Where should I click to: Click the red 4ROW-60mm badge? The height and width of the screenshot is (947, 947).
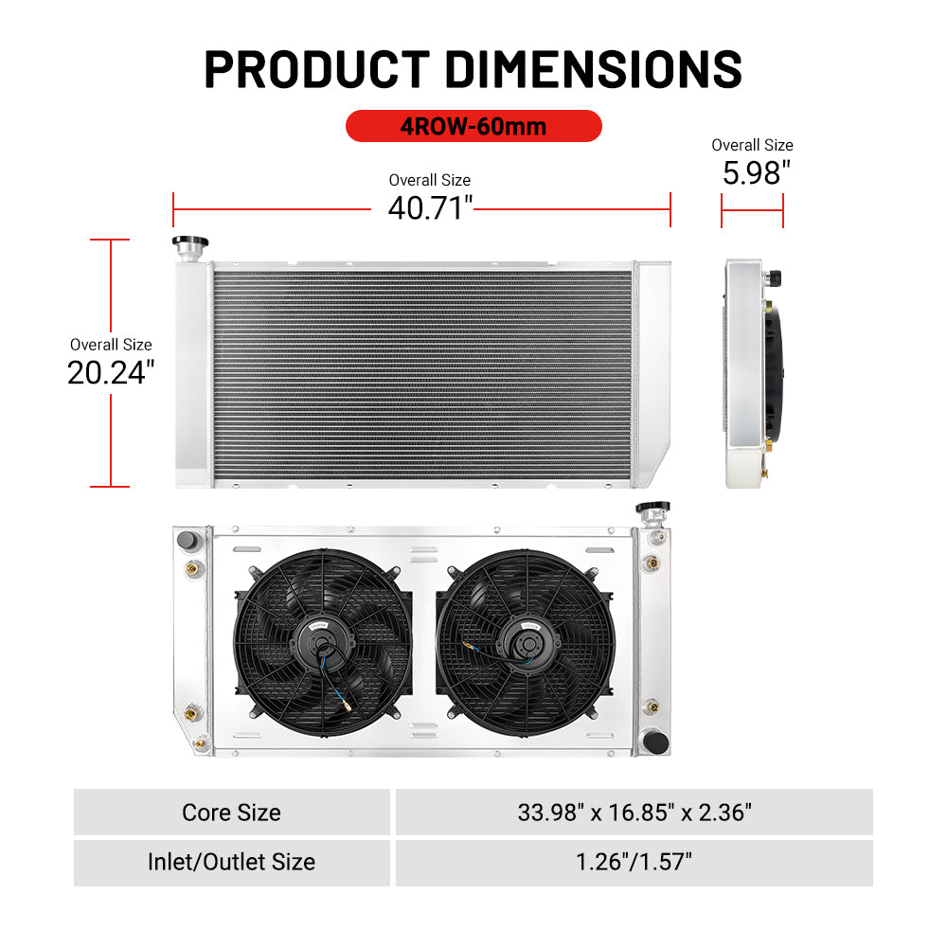(473, 126)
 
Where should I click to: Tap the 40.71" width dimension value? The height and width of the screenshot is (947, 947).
(430, 207)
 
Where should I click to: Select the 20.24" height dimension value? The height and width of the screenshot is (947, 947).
(111, 372)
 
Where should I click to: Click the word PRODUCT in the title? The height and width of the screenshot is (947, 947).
(317, 69)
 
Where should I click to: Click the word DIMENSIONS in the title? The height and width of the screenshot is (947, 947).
(594, 69)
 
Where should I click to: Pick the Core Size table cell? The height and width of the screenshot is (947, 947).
(232, 813)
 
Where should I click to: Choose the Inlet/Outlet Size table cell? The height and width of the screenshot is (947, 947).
(232, 862)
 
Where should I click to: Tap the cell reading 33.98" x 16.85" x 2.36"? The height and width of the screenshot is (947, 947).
(634, 813)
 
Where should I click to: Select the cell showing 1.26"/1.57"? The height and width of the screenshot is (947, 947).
(634, 862)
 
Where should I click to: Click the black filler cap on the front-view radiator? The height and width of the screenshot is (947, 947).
(189, 242)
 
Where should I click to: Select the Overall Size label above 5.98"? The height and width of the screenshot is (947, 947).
(752, 145)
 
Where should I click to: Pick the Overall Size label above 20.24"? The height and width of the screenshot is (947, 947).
(111, 345)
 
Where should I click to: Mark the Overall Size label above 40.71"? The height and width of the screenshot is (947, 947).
(430, 180)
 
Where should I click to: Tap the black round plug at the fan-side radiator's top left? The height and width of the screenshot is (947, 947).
(187, 541)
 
